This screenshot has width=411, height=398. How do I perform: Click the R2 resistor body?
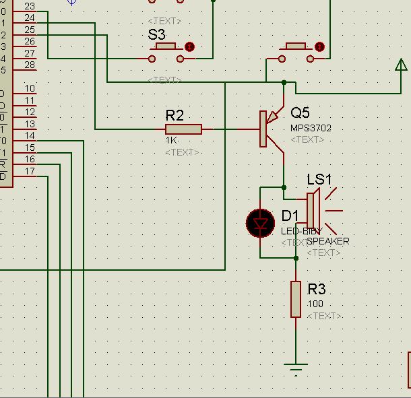183,129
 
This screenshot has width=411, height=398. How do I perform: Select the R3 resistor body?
295,299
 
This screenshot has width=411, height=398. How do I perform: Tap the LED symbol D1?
261,224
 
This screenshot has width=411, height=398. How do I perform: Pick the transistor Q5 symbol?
272,129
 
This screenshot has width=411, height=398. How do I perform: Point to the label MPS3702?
311,128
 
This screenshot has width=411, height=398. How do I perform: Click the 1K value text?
172,141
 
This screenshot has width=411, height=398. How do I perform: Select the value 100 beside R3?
315,304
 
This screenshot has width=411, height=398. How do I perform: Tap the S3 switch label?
156,34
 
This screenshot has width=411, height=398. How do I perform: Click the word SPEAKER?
328,241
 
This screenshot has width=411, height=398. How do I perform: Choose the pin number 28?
30,65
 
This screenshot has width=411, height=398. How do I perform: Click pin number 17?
30,171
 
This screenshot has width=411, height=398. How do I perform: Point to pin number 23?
30,6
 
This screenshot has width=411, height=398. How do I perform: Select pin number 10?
30,88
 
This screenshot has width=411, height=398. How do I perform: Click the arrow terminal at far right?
400,65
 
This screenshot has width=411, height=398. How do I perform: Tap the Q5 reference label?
301,112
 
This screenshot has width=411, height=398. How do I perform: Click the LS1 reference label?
319,180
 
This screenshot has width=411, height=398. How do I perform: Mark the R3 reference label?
317,290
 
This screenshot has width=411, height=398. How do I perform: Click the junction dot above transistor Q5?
284,82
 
